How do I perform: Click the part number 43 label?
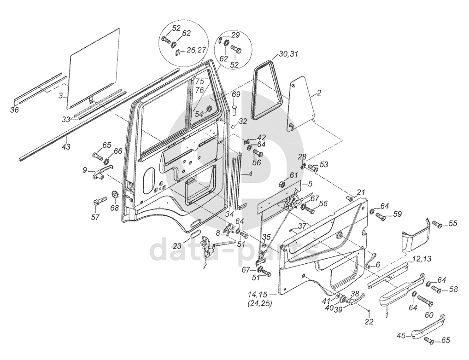66,147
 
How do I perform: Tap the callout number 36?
14,110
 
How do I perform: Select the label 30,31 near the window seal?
288,54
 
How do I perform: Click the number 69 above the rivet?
236,95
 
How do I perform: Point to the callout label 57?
95,216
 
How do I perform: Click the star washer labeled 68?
114,195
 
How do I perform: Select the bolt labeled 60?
425,300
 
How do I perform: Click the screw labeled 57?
100,202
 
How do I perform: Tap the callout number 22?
369,321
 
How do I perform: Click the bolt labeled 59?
380,216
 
